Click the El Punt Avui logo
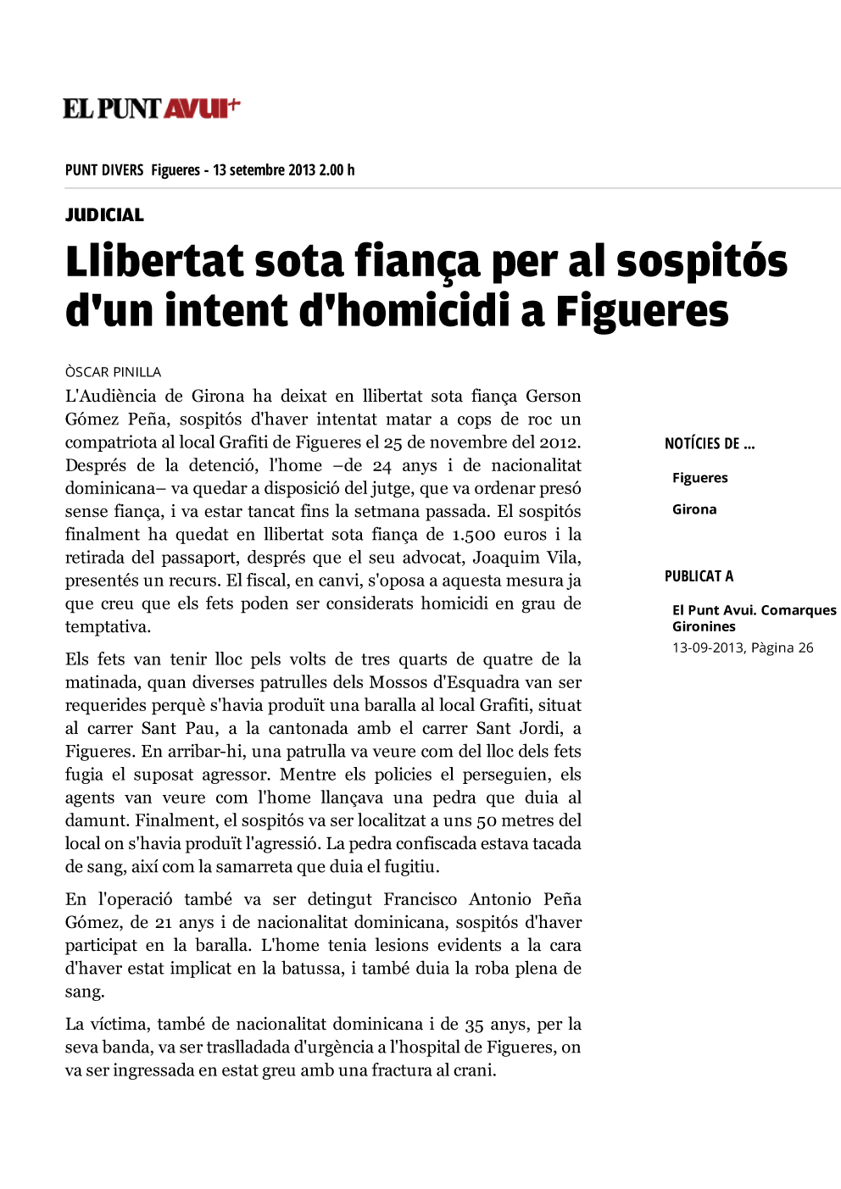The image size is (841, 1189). coord(152,108)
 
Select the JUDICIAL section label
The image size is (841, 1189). coord(104,215)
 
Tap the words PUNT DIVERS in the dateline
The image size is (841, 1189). coord(104,170)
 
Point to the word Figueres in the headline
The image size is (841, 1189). coord(642,311)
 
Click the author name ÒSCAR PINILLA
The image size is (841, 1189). coord(113,372)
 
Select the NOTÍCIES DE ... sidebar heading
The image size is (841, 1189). coord(710,443)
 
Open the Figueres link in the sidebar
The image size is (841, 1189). coord(699,478)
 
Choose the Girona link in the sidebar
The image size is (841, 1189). coord(694,509)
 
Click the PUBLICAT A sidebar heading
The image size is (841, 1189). coord(699,576)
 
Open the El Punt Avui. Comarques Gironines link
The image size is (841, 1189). coord(754,618)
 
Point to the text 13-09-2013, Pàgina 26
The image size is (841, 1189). coord(743,647)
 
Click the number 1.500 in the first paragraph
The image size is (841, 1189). coord(473,535)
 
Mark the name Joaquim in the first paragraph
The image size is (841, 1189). coord(503,558)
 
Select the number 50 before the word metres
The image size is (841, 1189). coord(487,820)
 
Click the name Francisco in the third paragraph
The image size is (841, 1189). coord(420,899)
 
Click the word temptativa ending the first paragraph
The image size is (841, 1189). coord(107,627)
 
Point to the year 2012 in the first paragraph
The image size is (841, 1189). coord(558,442)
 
